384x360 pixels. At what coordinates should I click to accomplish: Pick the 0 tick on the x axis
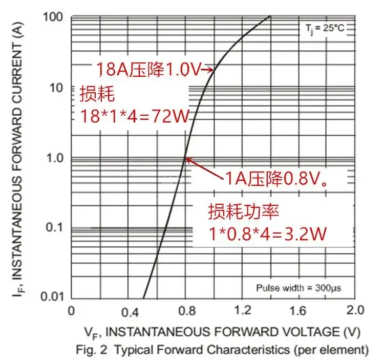pos(71,310)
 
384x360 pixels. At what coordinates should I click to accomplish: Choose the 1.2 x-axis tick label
pos(242,311)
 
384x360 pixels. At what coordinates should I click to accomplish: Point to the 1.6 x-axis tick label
pos(298,311)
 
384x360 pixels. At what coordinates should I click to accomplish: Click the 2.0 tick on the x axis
pos(354,310)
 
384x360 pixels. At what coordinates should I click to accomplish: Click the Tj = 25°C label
pos(322,28)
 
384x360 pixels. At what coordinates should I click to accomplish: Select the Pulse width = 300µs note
pos(298,288)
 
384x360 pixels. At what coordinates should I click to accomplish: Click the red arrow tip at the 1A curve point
pos(186,159)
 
